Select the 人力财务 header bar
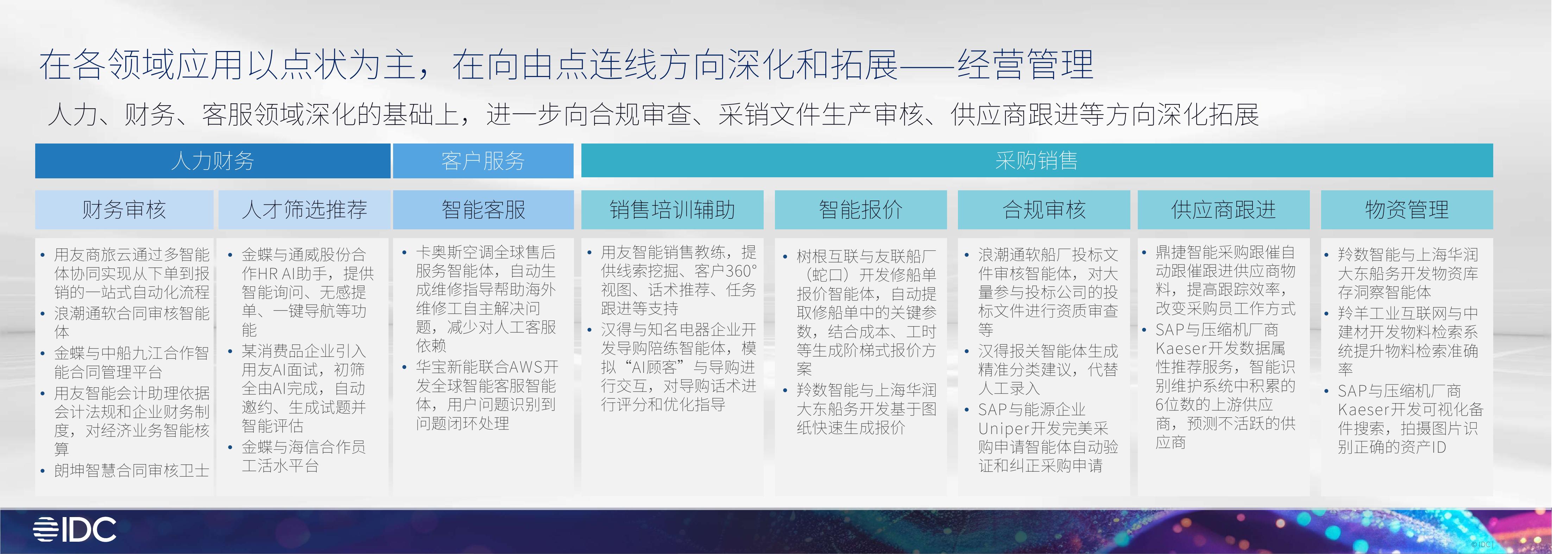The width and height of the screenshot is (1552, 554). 212,161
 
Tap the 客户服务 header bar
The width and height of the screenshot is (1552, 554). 482,161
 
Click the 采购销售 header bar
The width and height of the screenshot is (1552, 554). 1036,161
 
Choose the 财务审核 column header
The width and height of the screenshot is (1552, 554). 124,210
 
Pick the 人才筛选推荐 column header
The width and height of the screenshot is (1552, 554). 304,210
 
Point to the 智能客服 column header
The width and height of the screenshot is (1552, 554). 483,210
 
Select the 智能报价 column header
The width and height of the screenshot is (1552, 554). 860,210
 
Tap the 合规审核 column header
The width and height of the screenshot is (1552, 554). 1043,210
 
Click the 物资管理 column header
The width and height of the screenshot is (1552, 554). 1406,210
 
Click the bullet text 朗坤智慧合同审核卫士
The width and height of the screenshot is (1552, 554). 131,470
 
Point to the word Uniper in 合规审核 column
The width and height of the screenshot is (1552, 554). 1003,429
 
